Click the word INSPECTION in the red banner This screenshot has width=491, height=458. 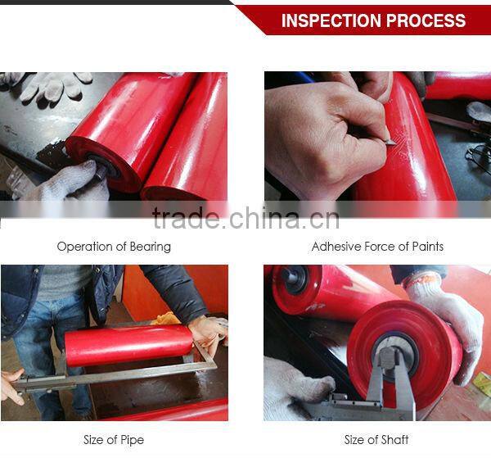pos(331,20)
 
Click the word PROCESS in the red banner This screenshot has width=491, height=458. pos(426,20)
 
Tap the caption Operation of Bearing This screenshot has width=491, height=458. pos(114,247)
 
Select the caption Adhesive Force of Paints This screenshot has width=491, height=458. pos(377,247)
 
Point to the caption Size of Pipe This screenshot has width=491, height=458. pos(114,440)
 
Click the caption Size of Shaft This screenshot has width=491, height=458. pos(376,439)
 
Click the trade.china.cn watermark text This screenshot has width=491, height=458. pos(245,218)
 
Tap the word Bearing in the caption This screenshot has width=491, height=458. pos(151,247)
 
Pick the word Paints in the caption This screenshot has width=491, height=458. pos(428,247)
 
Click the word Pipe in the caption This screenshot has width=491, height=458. pos(132,440)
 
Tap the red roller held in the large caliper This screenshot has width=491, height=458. pos(128,345)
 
